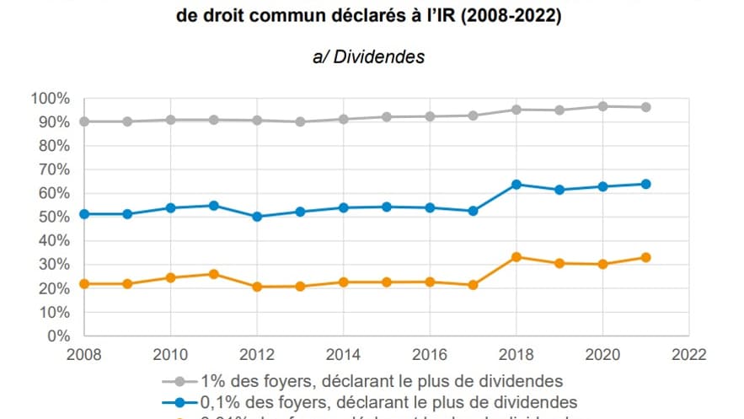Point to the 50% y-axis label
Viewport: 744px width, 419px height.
tap(53, 217)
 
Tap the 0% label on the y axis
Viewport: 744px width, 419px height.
tap(57, 336)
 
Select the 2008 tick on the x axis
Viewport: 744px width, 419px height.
tap(83, 352)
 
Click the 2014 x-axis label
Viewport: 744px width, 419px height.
tap(343, 352)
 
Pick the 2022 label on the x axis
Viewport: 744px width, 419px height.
tap(688, 352)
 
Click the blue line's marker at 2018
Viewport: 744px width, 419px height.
tap(516, 184)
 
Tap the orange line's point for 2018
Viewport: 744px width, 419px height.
tap(516, 256)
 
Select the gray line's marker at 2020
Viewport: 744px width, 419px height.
tap(602, 106)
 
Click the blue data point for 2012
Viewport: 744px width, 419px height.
tap(256, 217)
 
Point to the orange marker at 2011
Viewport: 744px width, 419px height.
tap(213, 274)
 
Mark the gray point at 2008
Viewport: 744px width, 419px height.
tap(83, 121)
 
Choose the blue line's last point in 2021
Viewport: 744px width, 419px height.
tap(645, 184)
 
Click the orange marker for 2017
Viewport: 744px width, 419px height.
tap(473, 285)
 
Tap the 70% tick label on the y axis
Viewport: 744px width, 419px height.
tap(53, 169)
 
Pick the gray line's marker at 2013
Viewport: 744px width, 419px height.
tap(299, 121)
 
